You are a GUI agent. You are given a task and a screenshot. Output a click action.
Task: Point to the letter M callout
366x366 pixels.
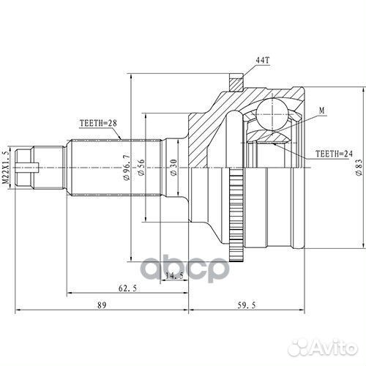point(321,111)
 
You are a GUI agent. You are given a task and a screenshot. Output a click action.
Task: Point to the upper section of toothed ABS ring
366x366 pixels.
point(235,179)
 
